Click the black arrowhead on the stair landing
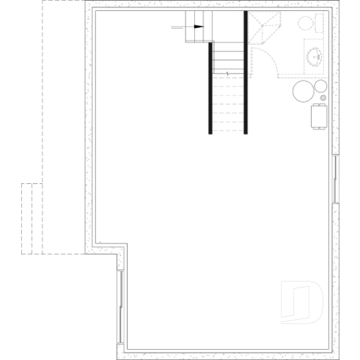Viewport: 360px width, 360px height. pos(198,28)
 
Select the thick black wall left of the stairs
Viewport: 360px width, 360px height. pos(210,88)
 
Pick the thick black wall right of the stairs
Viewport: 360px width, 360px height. pos(246,73)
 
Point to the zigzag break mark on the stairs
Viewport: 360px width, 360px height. pos(228,73)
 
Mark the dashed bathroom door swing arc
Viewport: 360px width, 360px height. pos(266,62)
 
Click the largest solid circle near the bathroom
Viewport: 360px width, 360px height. pos(304,92)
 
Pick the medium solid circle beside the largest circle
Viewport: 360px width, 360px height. pos(320,85)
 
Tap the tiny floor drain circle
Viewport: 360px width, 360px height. pos(324,98)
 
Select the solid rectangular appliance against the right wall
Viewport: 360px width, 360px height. pos(320,116)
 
